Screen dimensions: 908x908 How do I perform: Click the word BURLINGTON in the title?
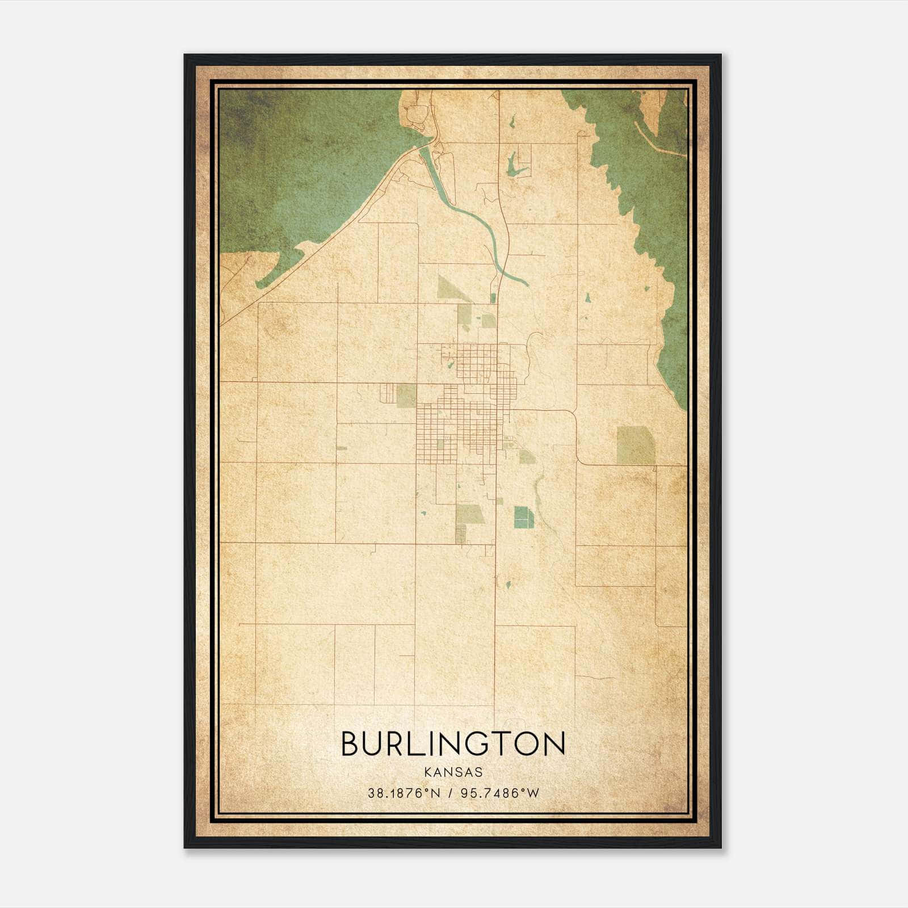pos(453,744)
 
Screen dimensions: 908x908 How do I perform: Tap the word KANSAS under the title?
pos(453,772)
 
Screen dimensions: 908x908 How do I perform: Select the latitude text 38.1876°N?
pos(404,793)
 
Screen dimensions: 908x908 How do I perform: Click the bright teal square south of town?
pos(524,517)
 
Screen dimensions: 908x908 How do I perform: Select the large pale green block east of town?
pos(635,445)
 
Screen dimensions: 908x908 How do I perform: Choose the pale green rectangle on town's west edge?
pos(406,395)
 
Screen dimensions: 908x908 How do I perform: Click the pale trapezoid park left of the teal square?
pos(470,514)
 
